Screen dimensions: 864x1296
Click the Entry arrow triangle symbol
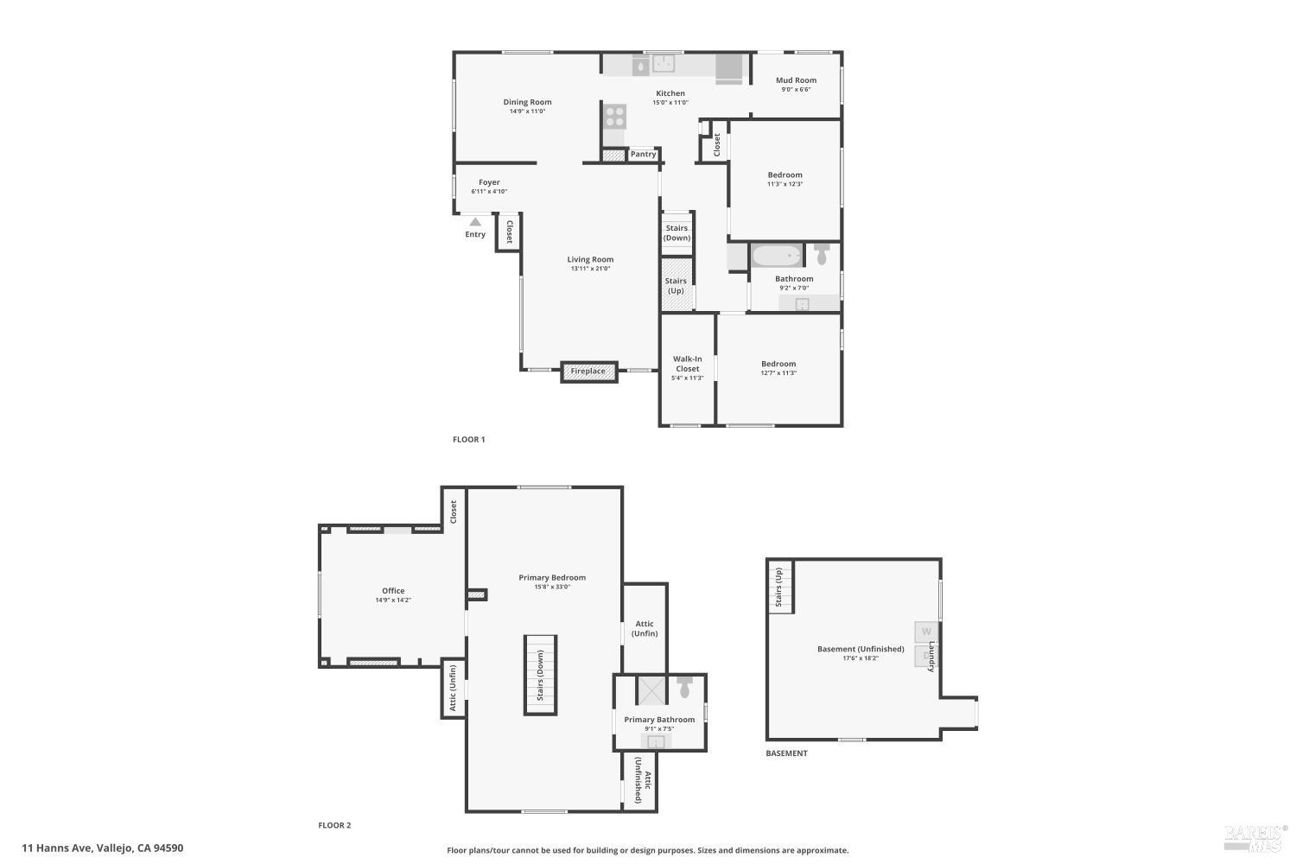point(474,222)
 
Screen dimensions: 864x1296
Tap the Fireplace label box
point(588,372)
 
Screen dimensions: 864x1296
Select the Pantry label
point(643,155)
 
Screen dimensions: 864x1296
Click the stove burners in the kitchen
point(615,116)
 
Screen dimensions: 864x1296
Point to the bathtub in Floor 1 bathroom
point(776,256)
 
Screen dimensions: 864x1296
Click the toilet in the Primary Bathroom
point(685,689)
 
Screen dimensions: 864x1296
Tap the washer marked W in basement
point(925,632)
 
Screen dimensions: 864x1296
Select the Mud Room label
point(796,80)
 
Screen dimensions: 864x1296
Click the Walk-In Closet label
point(688,364)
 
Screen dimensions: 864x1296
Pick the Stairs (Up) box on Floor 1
point(677,285)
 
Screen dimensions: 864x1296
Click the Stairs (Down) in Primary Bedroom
point(540,675)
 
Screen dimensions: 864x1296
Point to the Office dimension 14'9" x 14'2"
point(393,600)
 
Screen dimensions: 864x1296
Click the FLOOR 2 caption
point(334,825)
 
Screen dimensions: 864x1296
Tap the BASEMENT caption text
point(786,753)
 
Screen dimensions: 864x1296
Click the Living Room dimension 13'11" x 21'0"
point(590,269)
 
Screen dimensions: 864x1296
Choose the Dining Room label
point(527,102)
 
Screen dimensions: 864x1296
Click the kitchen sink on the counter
point(664,63)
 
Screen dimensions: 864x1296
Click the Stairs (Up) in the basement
point(779,588)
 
